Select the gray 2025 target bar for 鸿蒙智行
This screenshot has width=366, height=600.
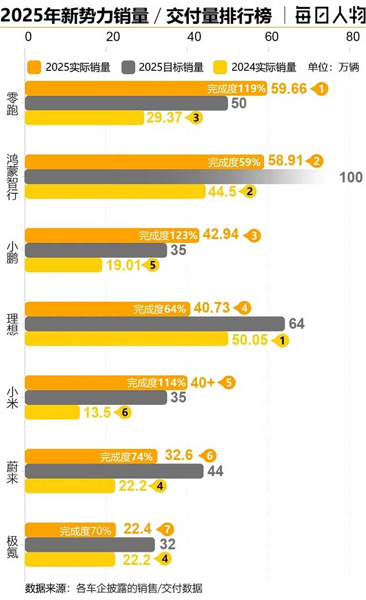click(x=174, y=177)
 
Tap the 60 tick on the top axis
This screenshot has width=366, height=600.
click(x=271, y=36)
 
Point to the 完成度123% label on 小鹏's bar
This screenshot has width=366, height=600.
click(x=168, y=236)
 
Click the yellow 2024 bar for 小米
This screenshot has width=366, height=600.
click(x=52, y=412)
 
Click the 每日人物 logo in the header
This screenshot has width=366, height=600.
click(x=328, y=15)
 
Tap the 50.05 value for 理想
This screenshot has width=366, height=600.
click(x=250, y=340)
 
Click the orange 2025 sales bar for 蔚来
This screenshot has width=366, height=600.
click(x=90, y=457)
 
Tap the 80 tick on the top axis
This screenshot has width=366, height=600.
click(x=352, y=36)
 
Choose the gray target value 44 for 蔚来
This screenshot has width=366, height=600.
click(x=215, y=471)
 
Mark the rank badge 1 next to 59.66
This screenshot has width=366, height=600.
click(x=321, y=89)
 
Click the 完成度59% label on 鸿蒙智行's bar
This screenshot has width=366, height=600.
click(x=234, y=163)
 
